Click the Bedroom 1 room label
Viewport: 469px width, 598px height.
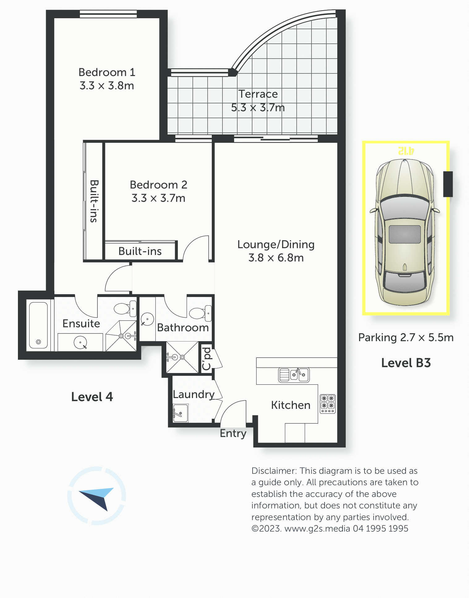[107, 72]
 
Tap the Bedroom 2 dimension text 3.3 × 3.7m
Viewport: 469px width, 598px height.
[158, 198]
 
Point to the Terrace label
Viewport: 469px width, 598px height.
[258, 94]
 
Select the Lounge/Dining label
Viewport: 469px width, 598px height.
[276, 244]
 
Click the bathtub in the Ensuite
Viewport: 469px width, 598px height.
[38, 325]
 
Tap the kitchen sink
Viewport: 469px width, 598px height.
[294, 375]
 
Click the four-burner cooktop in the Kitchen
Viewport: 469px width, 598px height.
[328, 404]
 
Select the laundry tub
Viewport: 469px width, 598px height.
[181, 413]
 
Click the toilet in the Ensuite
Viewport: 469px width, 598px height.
[125, 308]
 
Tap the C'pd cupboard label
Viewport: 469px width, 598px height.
[206, 359]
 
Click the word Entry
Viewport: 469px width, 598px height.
[233, 434]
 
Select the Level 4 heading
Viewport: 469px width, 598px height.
[92, 397]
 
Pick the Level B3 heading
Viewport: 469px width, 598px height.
[406, 363]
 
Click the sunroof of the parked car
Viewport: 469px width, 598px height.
[405, 234]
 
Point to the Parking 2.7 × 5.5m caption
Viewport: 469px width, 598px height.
[406, 337]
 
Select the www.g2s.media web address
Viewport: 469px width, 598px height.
[317, 528]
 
